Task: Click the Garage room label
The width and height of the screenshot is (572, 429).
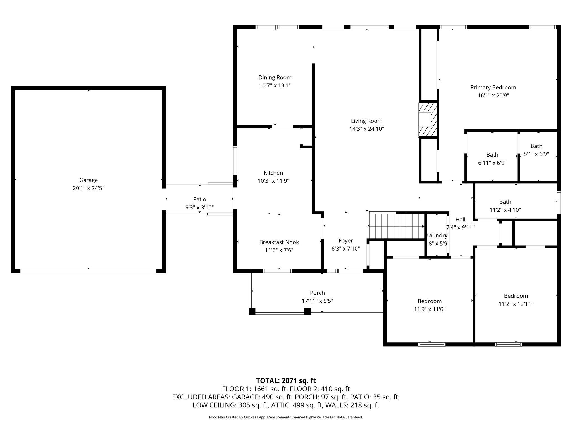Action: coord(88,180)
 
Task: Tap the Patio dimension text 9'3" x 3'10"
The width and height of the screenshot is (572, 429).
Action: coord(199,207)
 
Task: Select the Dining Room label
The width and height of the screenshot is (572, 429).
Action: coord(275,77)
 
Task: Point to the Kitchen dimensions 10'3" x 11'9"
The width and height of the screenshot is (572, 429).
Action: coord(273,181)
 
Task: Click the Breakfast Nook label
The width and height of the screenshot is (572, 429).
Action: coord(279,242)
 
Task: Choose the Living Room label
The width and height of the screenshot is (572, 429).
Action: coord(366,121)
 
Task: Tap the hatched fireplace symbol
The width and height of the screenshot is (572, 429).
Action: coord(428,119)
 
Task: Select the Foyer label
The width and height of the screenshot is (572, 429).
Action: coord(345,240)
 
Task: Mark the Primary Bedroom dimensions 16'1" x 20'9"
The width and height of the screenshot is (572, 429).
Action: coord(493,95)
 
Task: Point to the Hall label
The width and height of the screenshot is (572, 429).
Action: coord(460,220)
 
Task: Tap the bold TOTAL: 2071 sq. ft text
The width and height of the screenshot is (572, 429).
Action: coord(286,380)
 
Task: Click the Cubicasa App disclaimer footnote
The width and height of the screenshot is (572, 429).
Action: coord(286,417)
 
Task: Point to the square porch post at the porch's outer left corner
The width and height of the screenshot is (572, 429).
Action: coord(252,311)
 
